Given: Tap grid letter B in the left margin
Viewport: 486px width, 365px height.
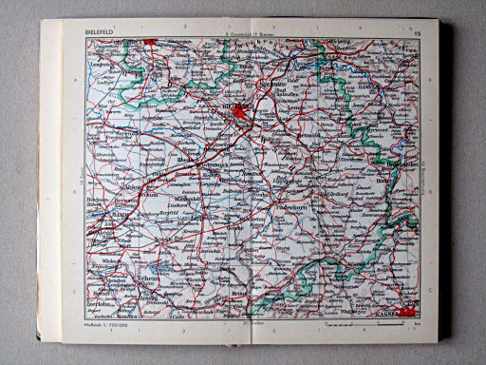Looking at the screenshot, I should pos(74,190).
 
